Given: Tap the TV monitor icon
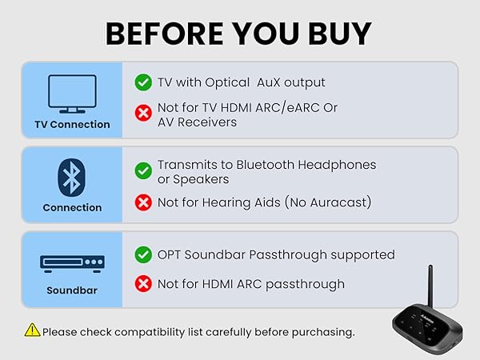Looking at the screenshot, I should (72, 94).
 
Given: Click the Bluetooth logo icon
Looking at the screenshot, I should (72, 176).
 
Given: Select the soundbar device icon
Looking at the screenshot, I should (72, 262).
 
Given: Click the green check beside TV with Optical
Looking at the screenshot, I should (143, 82).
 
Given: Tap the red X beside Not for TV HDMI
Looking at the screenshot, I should (143, 113).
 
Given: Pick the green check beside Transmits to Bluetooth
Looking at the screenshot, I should (143, 170).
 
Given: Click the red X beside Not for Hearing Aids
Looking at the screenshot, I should (143, 202).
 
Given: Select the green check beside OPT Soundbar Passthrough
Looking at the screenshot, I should (143, 254).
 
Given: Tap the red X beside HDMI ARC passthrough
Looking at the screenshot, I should (143, 284).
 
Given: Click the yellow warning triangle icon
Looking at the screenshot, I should (32, 330).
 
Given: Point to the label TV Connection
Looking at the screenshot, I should (72, 125).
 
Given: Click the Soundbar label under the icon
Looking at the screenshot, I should (72, 290).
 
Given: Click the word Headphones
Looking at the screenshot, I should (334, 165).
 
